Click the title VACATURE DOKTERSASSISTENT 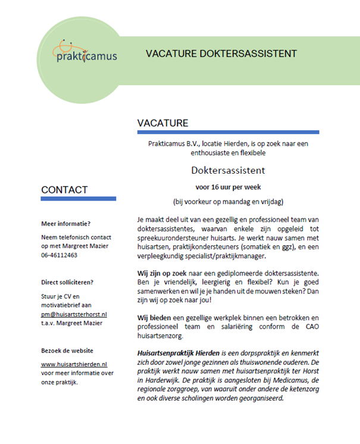[x=221, y=54]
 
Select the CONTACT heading [x=64, y=190]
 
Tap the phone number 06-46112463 [x=59, y=255]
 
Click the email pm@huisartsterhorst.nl [x=74, y=314]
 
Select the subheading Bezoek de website [x=67, y=351]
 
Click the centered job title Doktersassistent [x=228, y=170]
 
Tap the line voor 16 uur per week [x=228, y=186]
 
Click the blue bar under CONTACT [x=79, y=199]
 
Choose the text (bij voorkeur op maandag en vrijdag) [x=228, y=201]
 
